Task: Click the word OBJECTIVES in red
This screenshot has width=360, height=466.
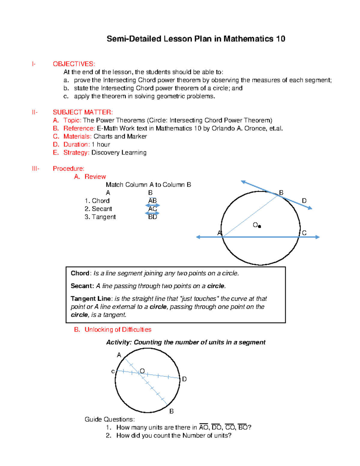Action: (74, 64)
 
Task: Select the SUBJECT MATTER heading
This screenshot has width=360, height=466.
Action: (83, 112)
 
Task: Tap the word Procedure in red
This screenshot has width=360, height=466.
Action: (68, 169)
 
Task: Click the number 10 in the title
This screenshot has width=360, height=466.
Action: (280, 39)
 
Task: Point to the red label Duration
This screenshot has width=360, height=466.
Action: (76, 144)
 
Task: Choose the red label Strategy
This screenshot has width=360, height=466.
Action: (76, 152)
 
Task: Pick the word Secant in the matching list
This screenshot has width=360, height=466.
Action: (102, 209)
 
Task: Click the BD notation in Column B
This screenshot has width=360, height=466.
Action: (152, 217)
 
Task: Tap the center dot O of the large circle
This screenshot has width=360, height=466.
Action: (259, 227)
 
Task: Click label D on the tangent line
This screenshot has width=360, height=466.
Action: (304, 201)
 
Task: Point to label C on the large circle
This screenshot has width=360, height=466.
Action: (304, 233)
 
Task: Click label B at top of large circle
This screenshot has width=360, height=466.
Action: (281, 193)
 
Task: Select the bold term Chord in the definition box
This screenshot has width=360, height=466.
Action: (80, 273)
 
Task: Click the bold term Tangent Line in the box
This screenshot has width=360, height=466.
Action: (91, 299)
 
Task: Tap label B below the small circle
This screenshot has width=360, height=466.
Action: (172, 411)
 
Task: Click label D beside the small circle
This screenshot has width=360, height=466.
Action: (184, 379)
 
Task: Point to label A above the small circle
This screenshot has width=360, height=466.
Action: (119, 355)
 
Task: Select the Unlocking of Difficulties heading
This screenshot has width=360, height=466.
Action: (118, 329)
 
